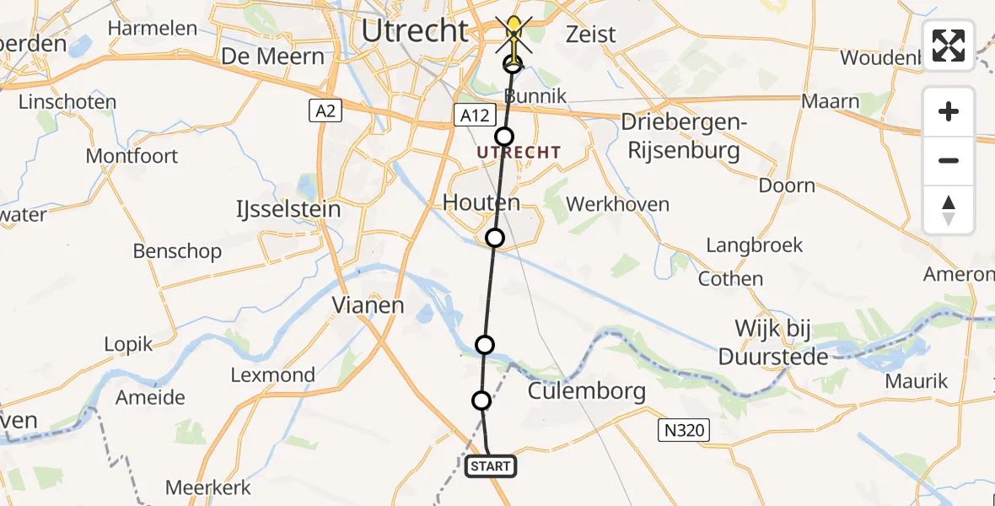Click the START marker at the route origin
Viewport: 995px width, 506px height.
pos(490,466)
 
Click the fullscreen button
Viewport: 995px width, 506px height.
pos(949,46)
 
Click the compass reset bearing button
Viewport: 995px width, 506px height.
pos(949,210)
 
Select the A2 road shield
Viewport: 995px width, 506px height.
pos(324,110)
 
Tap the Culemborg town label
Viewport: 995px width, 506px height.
pos(587,391)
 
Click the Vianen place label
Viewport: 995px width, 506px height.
pos(368,304)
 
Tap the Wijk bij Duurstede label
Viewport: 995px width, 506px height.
pos(773,342)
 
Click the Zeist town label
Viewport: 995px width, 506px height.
pos(591,35)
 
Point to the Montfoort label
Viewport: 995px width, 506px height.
pos(132,156)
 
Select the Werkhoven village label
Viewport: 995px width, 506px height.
pos(618,204)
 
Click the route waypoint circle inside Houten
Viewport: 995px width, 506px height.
pos(495,238)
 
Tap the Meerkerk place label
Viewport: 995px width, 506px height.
pos(208,487)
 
